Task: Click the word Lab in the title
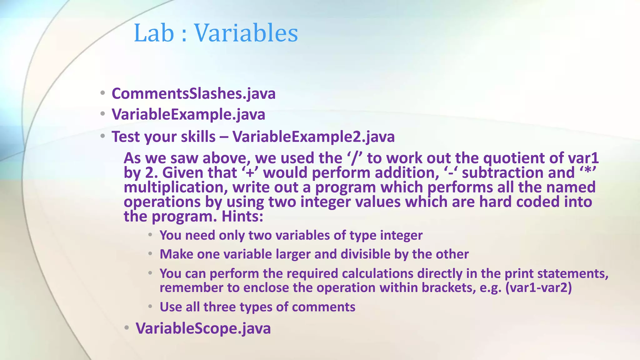click(x=153, y=33)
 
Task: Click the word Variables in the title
click(x=246, y=33)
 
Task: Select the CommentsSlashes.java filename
click(x=193, y=94)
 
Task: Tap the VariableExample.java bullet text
click(x=188, y=114)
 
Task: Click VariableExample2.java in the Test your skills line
click(x=313, y=137)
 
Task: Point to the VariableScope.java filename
click(x=203, y=328)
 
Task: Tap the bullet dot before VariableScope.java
click(x=126, y=328)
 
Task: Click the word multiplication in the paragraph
click(x=175, y=187)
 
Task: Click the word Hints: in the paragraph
click(x=242, y=217)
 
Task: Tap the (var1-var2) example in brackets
click(x=538, y=288)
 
